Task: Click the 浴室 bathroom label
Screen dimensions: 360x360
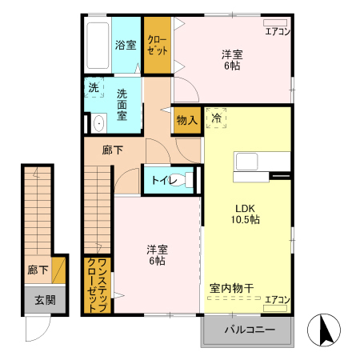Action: [x=125, y=45]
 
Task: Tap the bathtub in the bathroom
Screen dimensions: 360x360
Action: [x=97, y=45]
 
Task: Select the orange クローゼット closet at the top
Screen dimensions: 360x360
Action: [x=157, y=45]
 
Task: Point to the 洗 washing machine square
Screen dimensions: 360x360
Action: [x=94, y=89]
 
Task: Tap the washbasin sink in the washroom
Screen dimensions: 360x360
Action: [x=98, y=123]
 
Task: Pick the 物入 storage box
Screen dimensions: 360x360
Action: [x=186, y=120]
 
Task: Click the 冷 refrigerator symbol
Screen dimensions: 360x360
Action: [x=217, y=119]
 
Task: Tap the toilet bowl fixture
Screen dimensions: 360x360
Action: [x=187, y=180]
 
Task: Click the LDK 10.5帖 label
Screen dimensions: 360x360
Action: [x=245, y=214]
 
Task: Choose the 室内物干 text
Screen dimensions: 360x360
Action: [x=232, y=287]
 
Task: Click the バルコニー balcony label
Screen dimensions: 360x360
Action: [x=249, y=330]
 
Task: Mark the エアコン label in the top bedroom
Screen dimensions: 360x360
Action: [x=277, y=32]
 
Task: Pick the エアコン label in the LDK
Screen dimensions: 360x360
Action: [x=277, y=298]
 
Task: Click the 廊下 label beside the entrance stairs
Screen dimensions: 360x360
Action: [x=36, y=270]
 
